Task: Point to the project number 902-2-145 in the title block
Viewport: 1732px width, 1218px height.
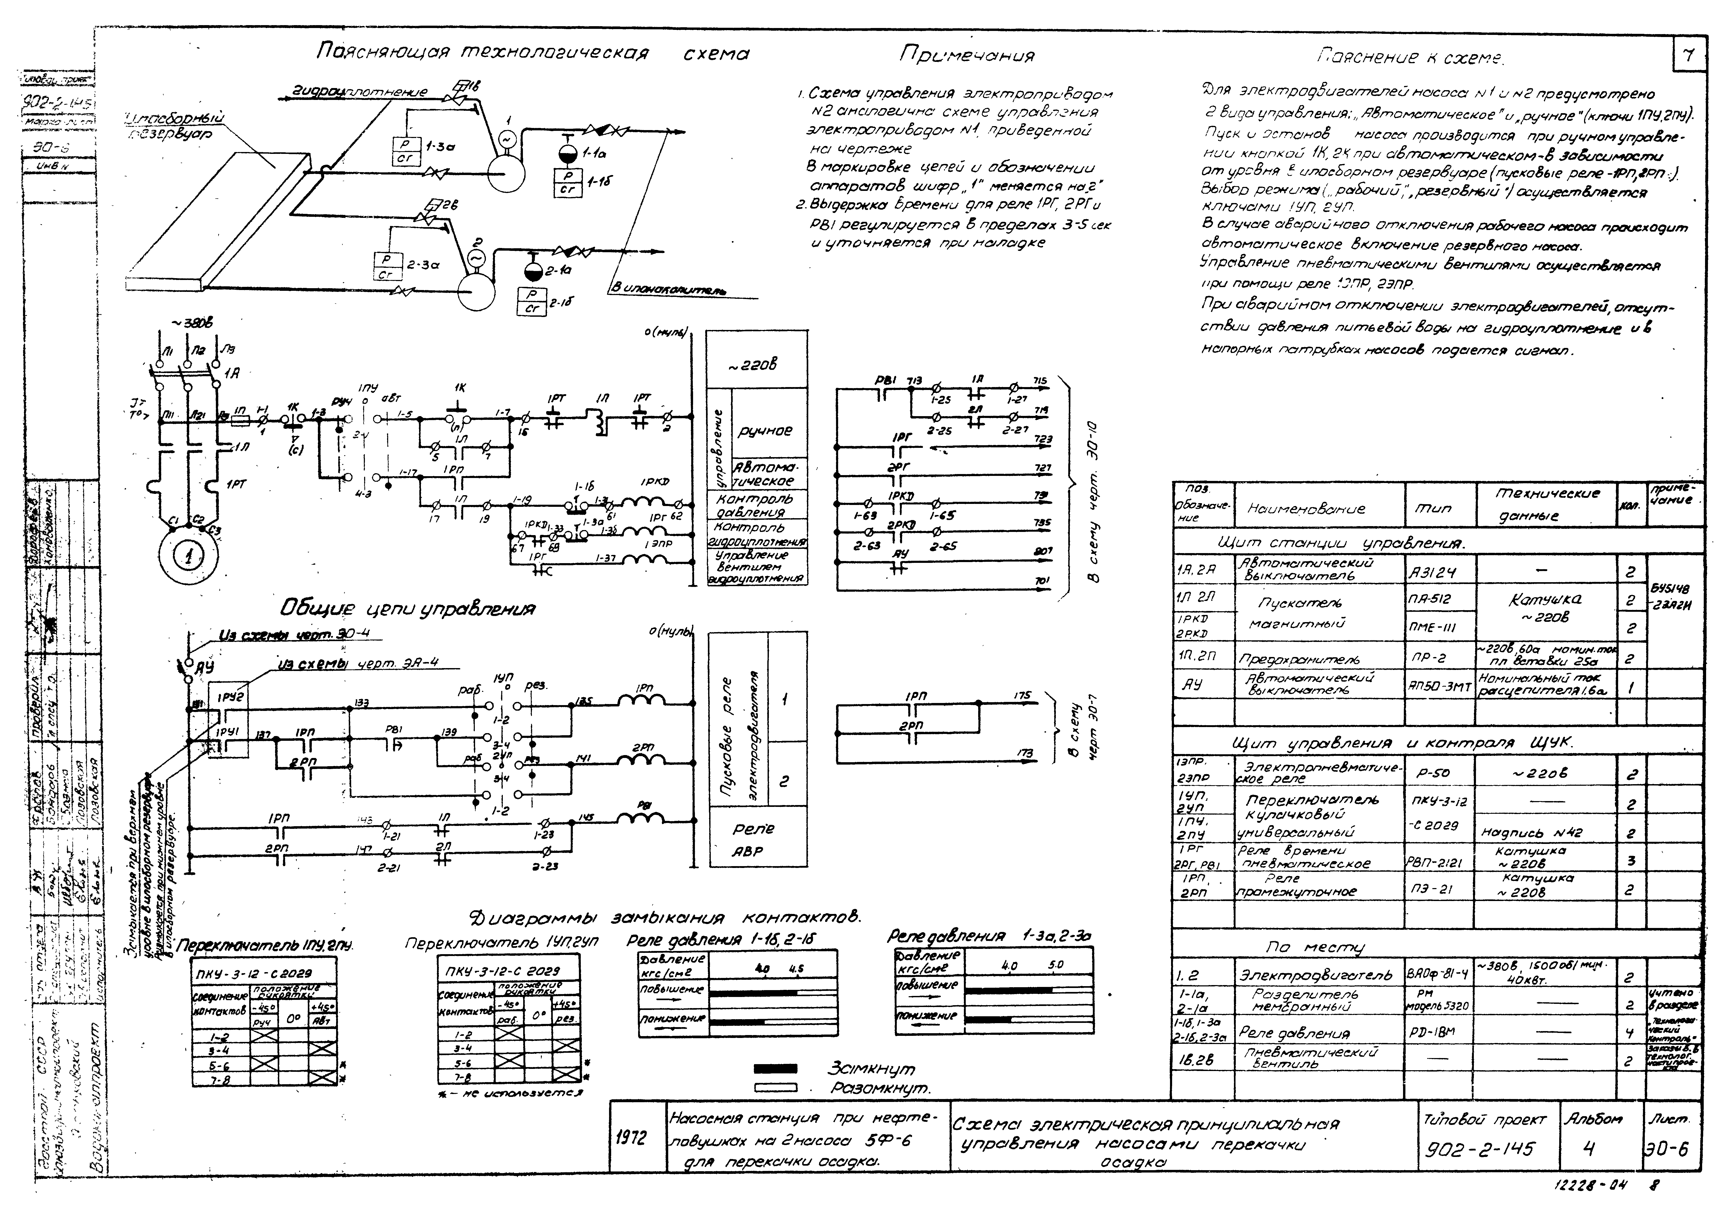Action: click(1481, 1148)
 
